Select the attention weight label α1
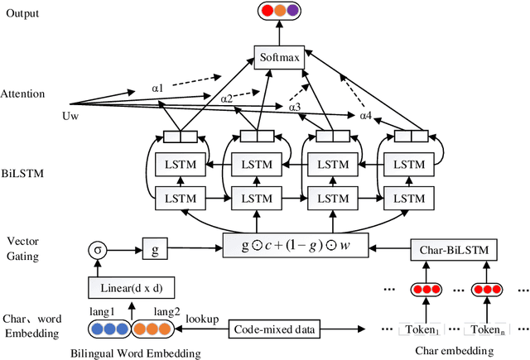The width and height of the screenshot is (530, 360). tap(157, 86)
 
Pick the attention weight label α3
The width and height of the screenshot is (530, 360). tap(295, 107)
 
